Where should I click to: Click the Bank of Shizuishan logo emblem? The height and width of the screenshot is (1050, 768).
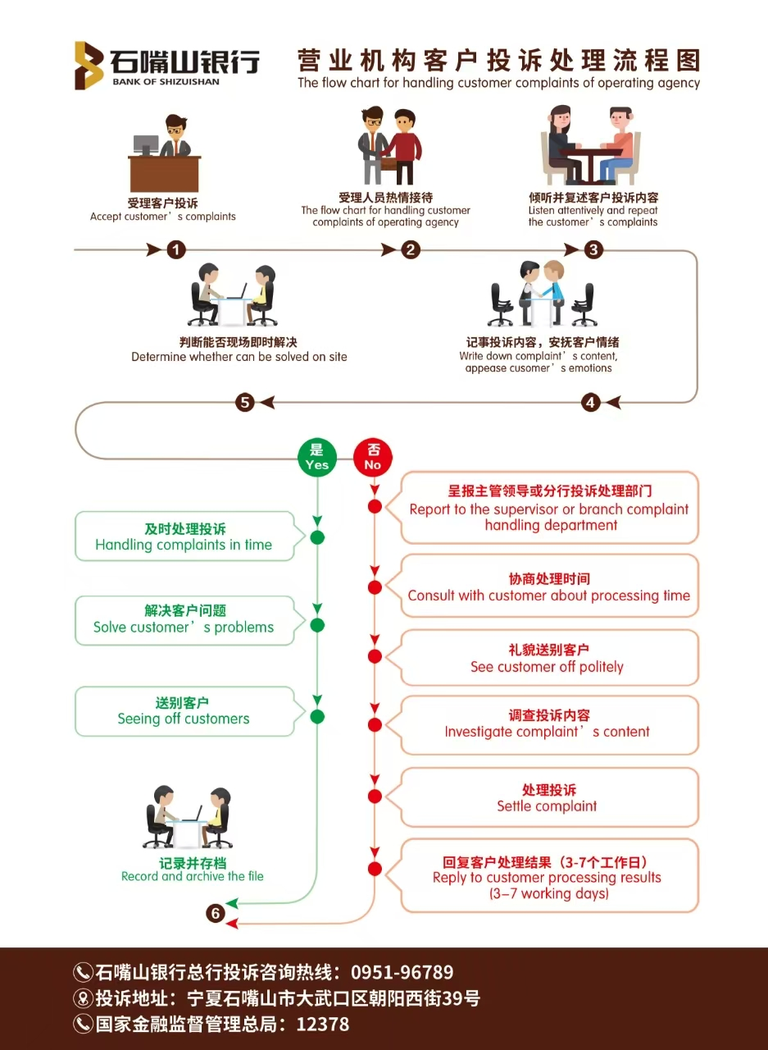click(x=89, y=65)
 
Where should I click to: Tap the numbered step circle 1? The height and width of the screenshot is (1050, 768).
click(x=176, y=249)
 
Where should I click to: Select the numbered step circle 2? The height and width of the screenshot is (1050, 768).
click(x=411, y=249)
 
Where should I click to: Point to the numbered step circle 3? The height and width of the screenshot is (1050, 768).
click(x=593, y=249)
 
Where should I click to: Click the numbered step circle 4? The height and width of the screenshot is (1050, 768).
click(x=591, y=402)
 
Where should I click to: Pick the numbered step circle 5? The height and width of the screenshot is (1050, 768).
click(x=244, y=402)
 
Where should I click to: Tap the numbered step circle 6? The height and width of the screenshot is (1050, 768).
click(x=215, y=913)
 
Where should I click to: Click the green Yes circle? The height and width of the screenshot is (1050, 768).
click(x=316, y=457)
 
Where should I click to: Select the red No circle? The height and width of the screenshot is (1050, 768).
click(x=373, y=457)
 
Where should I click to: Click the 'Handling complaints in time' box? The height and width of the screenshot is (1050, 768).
click(x=184, y=536)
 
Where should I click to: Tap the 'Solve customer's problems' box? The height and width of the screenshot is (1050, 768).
click(x=184, y=619)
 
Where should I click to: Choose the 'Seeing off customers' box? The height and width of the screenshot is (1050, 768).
click(x=184, y=711)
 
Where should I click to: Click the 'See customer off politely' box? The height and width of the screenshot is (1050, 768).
click(x=548, y=658)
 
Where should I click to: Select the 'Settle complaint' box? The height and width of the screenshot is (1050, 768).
click(x=548, y=797)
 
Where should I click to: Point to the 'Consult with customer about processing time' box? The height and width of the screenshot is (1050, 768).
click(x=548, y=587)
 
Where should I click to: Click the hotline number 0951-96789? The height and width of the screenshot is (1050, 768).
click(x=402, y=973)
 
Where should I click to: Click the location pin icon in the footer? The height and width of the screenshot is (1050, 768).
click(x=83, y=998)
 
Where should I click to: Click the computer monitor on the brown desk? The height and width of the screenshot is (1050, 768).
click(x=146, y=144)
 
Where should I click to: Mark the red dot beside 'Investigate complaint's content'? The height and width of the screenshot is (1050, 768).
click(x=375, y=725)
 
